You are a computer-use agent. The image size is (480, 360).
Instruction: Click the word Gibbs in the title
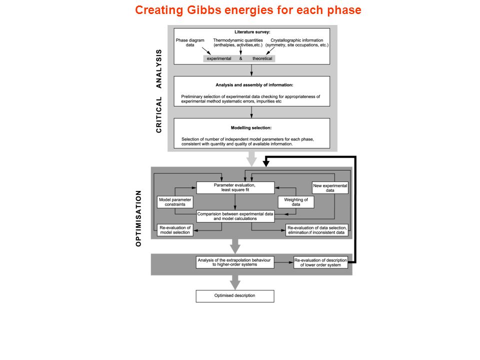click(204, 10)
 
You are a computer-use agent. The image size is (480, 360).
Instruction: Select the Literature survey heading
click(252, 32)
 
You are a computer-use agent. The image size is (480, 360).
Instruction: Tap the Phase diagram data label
click(190, 42)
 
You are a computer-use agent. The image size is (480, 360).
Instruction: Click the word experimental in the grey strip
click(219, 58)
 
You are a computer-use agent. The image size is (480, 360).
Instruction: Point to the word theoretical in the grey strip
click(262, 58)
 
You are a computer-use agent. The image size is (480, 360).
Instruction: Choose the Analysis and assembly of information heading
click(254, 85)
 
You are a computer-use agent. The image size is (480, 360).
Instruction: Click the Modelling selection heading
click(251, 127)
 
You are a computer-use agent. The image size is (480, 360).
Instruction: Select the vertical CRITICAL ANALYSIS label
click(158, 91)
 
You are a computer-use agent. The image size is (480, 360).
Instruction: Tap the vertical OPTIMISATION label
click(138, 218)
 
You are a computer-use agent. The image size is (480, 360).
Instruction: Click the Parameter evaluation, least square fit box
click(235, 187)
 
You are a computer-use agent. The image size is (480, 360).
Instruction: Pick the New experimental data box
click(330, 188)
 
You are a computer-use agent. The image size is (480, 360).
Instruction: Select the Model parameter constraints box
click(175, 202)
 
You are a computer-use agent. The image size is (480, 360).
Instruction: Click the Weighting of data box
click(296, 202)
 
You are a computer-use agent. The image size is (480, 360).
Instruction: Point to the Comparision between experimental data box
click(235, 216)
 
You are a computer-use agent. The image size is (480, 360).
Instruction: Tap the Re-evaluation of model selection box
click(175, 230)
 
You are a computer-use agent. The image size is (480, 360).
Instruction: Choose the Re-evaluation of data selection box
click(317, 230)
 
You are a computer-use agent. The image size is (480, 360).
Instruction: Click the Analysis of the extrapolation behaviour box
click(235, 262)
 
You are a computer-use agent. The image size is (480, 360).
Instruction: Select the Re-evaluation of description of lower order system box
click(320, 262)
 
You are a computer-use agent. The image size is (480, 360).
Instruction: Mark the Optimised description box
click(235, 296)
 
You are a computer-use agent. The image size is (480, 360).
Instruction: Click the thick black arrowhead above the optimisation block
click(266, 164)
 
